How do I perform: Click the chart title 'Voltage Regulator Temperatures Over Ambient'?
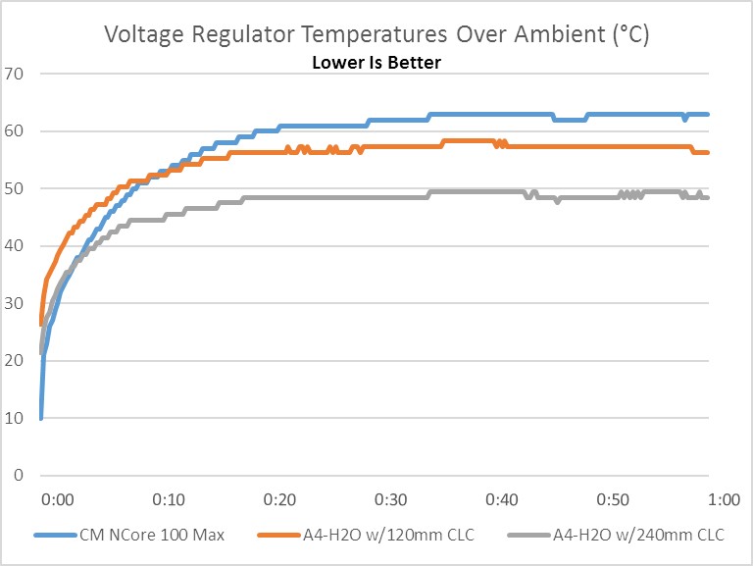[x=376, y=36]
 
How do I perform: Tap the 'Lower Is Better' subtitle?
[x=376, y=63]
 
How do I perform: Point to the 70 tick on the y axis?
[x=15, y=74]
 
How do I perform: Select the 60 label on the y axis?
[x=15, y=131]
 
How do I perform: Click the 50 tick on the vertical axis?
[x=15, y=188]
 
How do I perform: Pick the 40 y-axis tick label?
[x=15, y=246]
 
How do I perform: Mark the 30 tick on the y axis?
[x=15, y=303]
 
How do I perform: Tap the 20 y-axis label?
[x=15, y=361]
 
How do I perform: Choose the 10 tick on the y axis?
[x=15, y=418]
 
